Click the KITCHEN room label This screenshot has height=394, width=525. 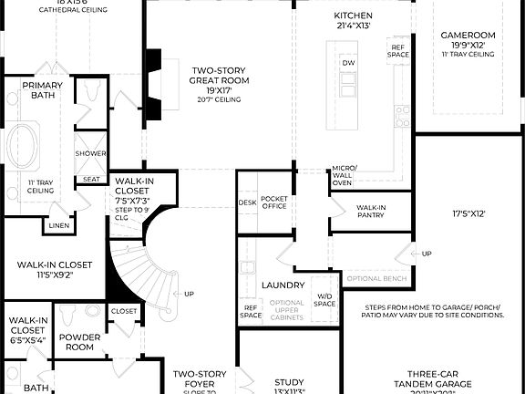click(353, 16)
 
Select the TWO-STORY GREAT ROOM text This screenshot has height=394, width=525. click(219, 75)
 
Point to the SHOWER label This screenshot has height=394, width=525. click(90, 153)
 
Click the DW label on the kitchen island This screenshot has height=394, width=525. click(348, 62)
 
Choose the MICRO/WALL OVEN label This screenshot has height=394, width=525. click(342, 176)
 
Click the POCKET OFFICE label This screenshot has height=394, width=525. click(273, 202)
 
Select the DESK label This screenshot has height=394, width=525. click(247, 202)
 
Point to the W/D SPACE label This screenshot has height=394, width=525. click(324, 300)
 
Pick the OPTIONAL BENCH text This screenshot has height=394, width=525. click(376, 278)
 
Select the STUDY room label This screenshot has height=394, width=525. click(289, 383)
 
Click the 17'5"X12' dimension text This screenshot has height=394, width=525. click(468, 214)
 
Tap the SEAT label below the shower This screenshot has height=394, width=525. click(91, 179)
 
